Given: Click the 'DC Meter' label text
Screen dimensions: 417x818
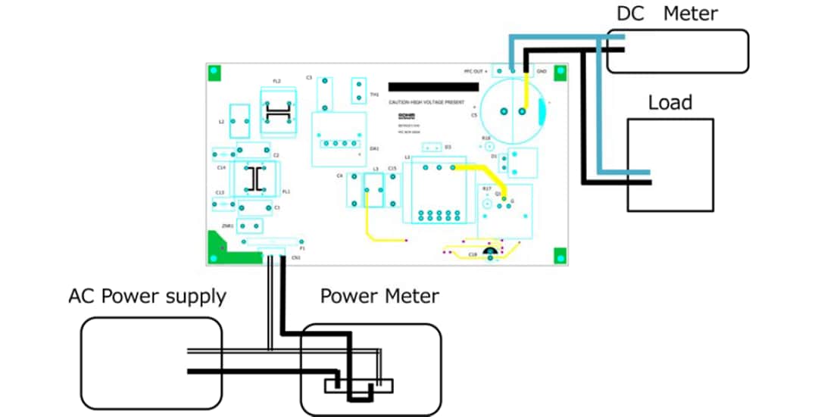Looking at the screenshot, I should pyautogui.click(x=667, y=13).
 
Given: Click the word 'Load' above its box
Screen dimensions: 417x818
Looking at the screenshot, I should pyautogui.click(x=670, y=102).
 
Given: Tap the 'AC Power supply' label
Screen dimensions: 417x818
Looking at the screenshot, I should pyautogui.click(x=147, y=296).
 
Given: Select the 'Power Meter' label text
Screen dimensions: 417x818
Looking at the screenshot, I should pyautogui.click(x=379, y=295).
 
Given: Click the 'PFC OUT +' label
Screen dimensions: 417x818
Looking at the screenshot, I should pyautogui.click(x=476, y=71).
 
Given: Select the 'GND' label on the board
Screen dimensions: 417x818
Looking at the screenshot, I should pyautogui.click(x=542, y=71).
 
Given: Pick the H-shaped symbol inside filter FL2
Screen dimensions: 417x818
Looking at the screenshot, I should pyautogui.click(x=278, y=114).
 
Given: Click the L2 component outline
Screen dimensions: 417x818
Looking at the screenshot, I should pyautogui.click(x=239, y=120).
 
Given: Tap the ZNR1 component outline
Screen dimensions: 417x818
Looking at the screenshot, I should pyautogui.click(x=250, y=226).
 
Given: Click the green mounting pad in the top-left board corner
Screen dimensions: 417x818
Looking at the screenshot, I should pyautogui.click(x=214, y=72).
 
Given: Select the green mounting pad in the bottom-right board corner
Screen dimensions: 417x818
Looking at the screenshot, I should pyautogui.click(x=560, y=255).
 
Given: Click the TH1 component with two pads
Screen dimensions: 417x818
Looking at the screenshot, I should pyautogui.click(x=359, y=90).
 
